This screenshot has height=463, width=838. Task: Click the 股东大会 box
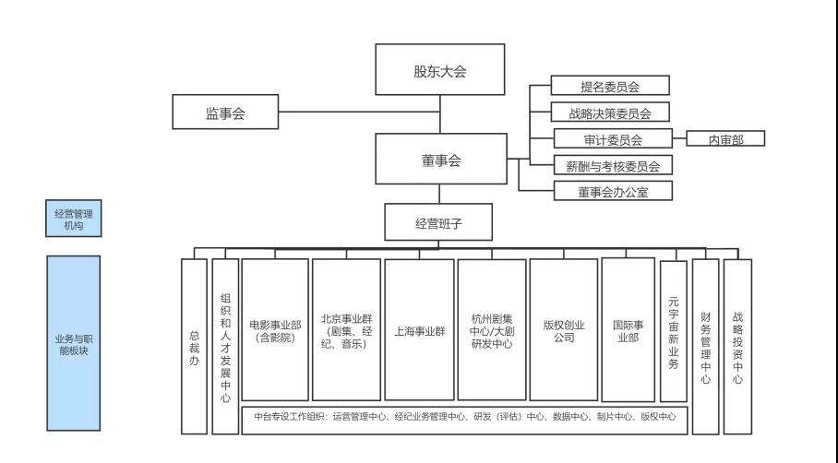[x=440, y=69]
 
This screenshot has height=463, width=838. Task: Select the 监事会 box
[x=225, y=112]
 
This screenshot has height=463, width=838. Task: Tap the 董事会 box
[x=441, y=159]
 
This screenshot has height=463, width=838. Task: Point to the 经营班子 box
[x=438, y=222]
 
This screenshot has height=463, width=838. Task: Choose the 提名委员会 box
[x=610, y=86]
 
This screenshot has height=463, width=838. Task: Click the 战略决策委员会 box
[x=610, y=113]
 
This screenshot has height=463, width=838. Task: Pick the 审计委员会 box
[x=613, y=139]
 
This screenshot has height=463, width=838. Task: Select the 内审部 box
[x=725, y=138]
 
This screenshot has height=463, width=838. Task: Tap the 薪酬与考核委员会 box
[x=613, y=165]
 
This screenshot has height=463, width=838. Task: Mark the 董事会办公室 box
[x=613, y=191]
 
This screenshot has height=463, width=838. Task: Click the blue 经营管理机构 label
[x=74, y=219]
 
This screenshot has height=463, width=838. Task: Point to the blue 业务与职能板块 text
[x=74, y=344]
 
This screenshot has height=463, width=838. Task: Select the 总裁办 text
[x=194, y=349]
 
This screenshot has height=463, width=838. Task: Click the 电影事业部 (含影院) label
[x=275, y=331]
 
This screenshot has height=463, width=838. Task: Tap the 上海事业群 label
[x=420, y=331]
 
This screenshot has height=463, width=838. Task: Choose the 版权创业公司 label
[x=564, y=331]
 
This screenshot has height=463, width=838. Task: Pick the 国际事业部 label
[x=628, y=331]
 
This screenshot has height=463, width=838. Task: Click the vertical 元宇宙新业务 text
[x=674, y=333]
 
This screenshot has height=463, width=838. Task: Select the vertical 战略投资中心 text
[x=737, y=349]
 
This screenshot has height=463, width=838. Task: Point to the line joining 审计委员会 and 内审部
[x=679, y=138]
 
